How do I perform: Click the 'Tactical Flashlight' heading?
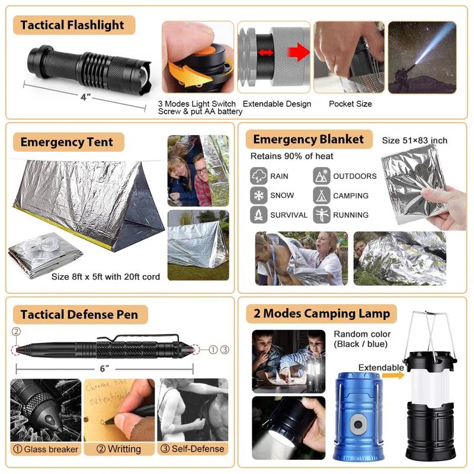tap(72, 25)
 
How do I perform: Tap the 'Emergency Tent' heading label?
tap(66, 142)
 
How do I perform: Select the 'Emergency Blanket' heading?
tap(308, 140)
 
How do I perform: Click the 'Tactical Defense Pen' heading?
tap(79, 315)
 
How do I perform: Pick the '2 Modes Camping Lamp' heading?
tap(321, 313)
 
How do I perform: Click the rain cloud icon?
tap(259, 176)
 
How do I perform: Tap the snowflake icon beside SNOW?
tap(259, 195)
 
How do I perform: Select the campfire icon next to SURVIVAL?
tap(259, 214)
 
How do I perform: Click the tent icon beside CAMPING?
tap(322, 195)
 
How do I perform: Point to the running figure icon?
tap(322, 214)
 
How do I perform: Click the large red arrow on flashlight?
tap(300, 52)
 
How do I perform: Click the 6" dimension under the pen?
tap(105, 369)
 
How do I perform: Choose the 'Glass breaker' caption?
tap(46, 449)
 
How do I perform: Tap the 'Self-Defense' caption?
tap(194, 449)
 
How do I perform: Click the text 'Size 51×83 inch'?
tap(415, 140)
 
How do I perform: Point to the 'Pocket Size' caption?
tap(350, 104)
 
